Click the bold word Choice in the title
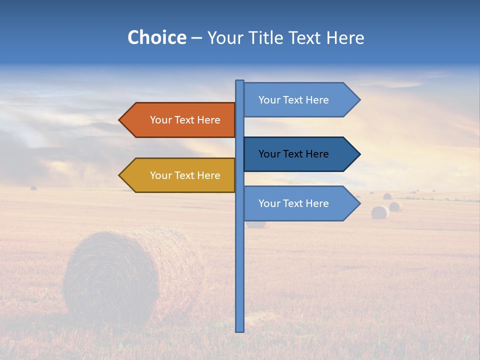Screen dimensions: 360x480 coord(156,37)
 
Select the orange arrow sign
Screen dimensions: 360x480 coord(180,120)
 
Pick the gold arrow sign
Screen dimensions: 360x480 coord(180,175)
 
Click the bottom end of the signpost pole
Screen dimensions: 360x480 coord(240,330)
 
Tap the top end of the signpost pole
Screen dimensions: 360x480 coord(240,81)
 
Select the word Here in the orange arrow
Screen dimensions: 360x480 coord(208,120)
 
